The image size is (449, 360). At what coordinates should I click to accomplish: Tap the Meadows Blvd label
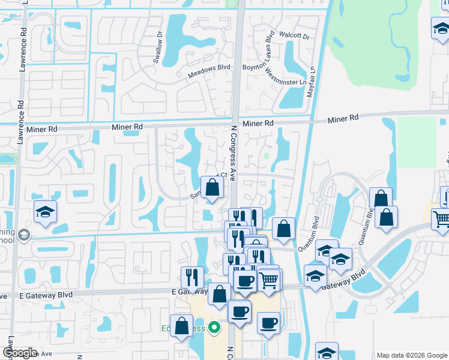209,71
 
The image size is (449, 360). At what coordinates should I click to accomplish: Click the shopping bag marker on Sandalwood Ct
212,188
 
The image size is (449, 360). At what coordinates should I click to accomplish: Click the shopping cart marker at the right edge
441,219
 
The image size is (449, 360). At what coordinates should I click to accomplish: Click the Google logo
19,352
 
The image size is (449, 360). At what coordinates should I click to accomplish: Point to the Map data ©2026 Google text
411,355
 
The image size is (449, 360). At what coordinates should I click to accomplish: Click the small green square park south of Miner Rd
266,157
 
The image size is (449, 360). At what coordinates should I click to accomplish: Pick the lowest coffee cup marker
268,323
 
